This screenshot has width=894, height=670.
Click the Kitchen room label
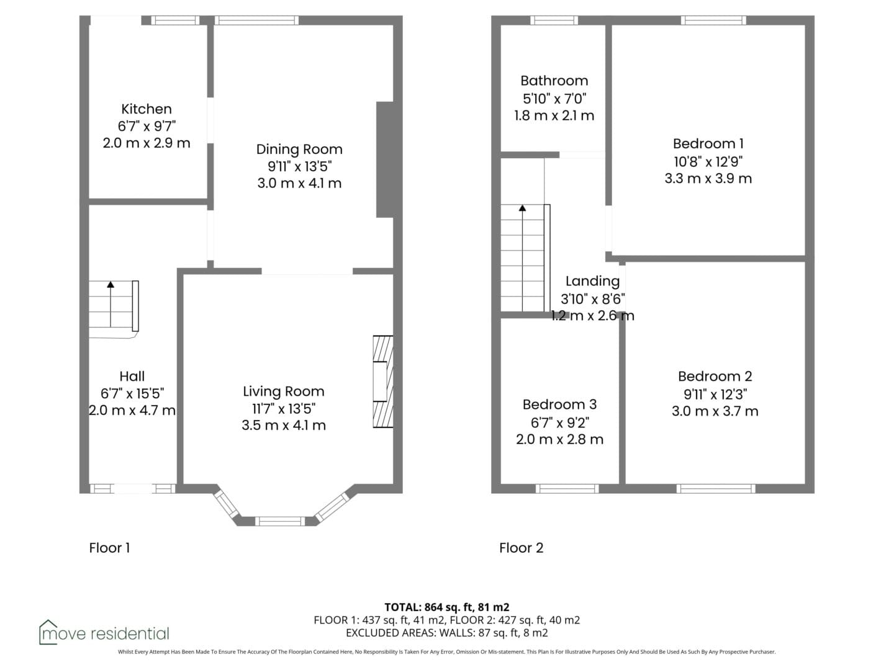pos(147,109)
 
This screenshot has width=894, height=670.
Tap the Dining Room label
pos(299,150)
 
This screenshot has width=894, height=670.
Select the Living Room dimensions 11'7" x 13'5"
pos(284,408)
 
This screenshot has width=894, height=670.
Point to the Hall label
pos(132,377)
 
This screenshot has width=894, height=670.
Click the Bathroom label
pos(554,81)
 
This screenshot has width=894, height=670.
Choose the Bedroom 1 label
pos(708,143)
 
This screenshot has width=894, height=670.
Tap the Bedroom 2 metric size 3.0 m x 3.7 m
pos(715,411)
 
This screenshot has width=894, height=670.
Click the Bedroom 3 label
pos(559,404)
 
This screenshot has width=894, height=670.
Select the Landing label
pos(593,282)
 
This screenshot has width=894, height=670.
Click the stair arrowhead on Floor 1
pos(111,284)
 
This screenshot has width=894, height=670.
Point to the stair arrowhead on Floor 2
pos(522,208)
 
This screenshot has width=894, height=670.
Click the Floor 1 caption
pos(109,548)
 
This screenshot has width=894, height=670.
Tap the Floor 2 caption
pos(521,548)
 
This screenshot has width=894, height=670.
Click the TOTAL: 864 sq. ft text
pos(429,607)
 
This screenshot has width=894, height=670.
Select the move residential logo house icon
pos(48,632)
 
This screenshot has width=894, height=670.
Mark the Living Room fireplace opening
pos(380,382)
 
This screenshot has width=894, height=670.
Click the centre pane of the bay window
pos(280,521)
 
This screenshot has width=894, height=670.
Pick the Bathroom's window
pos(554,20)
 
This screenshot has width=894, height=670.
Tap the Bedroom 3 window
pos(567,489)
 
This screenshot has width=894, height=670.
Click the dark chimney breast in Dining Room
pos(384,159)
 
